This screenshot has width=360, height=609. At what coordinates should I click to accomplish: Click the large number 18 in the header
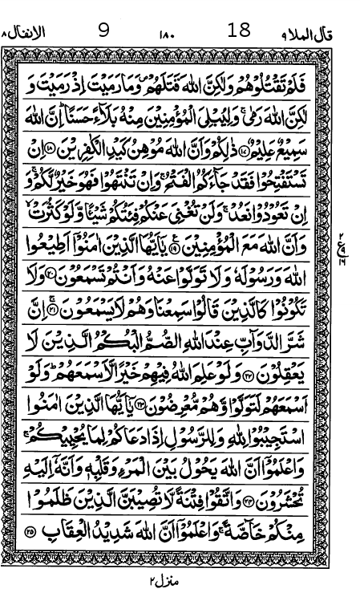[239, 30]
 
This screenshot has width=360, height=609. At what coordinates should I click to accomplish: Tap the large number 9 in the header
[103, 30]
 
